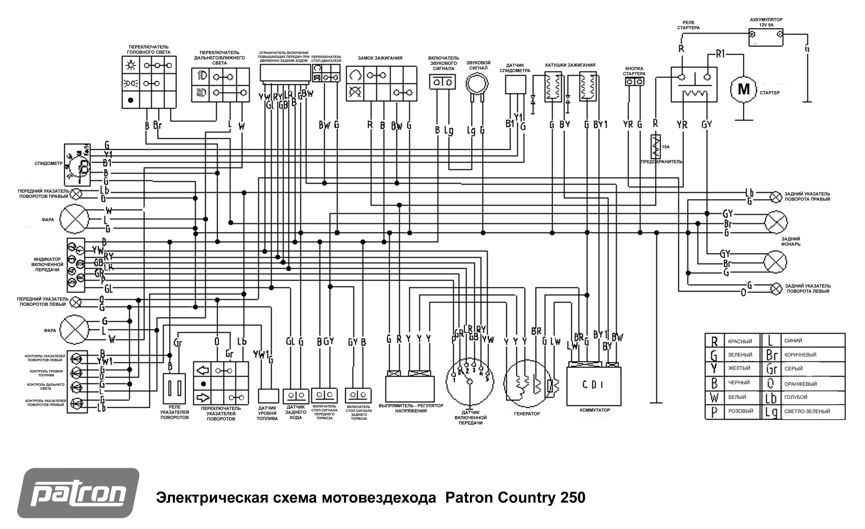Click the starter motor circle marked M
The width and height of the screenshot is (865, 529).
pyautogui.click(x=743, y=89)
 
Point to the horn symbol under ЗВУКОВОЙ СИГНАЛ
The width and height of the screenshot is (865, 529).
pyautogui.click(x=477, y=84)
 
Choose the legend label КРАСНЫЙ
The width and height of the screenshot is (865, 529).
pyautogui.click(x=740, y=341)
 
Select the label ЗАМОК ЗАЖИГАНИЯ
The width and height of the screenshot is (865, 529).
pyautogui.click(x=380, y=58)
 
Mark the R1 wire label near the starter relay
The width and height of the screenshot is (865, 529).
pyautogui.click(x=720, y=54)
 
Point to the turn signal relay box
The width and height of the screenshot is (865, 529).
pyautogui.click(x=174, y=388)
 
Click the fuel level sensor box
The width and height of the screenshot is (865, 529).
pyautogui.click(x=268, y=396)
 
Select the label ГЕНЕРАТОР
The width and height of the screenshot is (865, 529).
pyautogui.click(x=527, y=414)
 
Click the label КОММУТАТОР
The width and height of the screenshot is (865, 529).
pyautogui.click(x=595, y=410)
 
